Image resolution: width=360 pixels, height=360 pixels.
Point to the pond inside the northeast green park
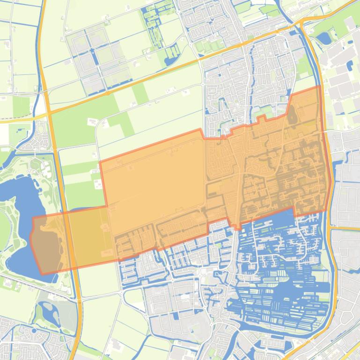(324, 38)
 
